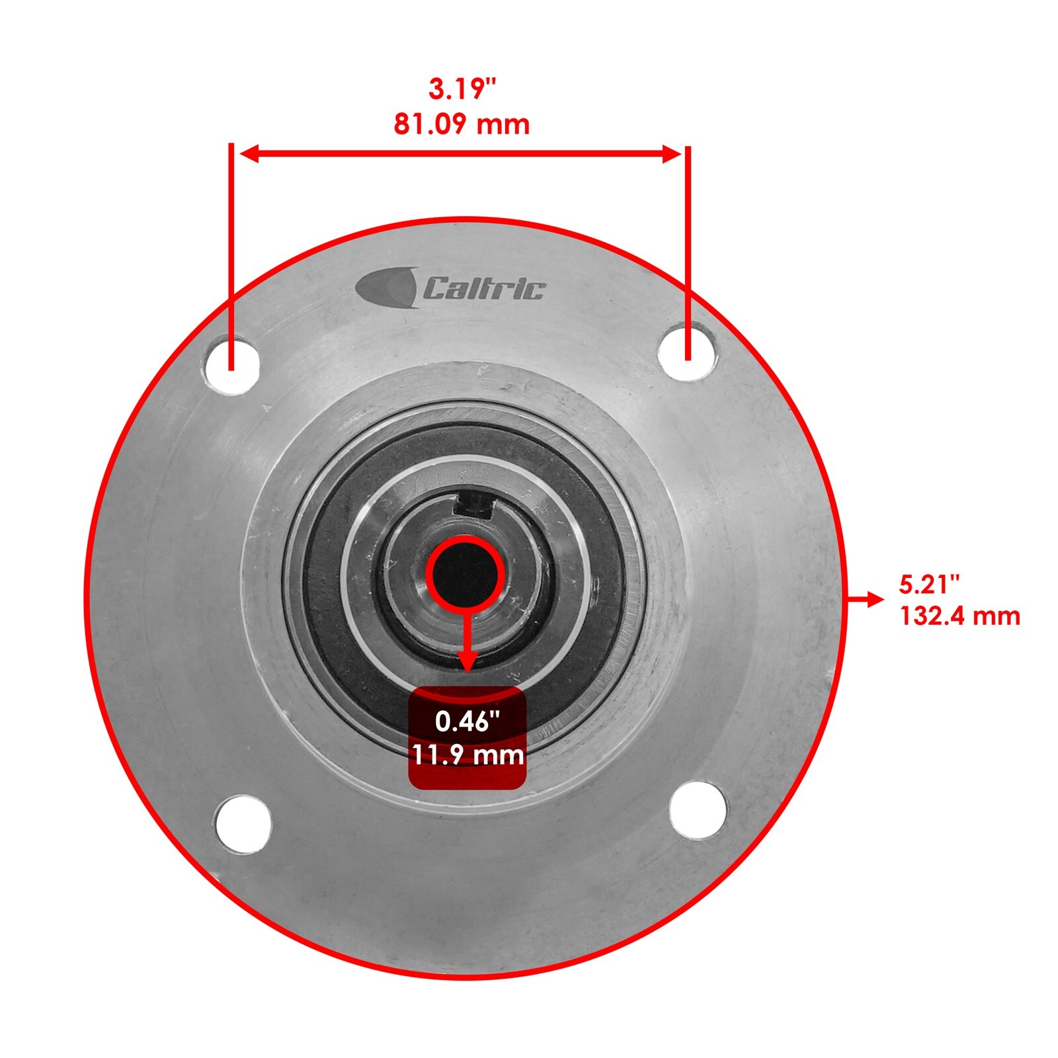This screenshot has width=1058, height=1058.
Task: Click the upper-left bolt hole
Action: point(231,364)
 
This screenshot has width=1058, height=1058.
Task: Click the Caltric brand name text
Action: point(484,289)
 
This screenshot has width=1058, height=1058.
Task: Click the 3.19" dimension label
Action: point(462,89)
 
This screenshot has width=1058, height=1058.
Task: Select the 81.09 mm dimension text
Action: point(462,124)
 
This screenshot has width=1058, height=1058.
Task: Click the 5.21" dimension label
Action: point(929,584)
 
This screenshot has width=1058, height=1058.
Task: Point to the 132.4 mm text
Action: point(959,616)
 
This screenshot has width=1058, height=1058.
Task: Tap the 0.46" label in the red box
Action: point(467,721)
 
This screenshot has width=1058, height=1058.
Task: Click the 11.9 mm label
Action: point(468,754)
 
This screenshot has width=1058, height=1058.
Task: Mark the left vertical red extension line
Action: point(231,251)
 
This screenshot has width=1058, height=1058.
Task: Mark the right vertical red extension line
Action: point(688,251)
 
